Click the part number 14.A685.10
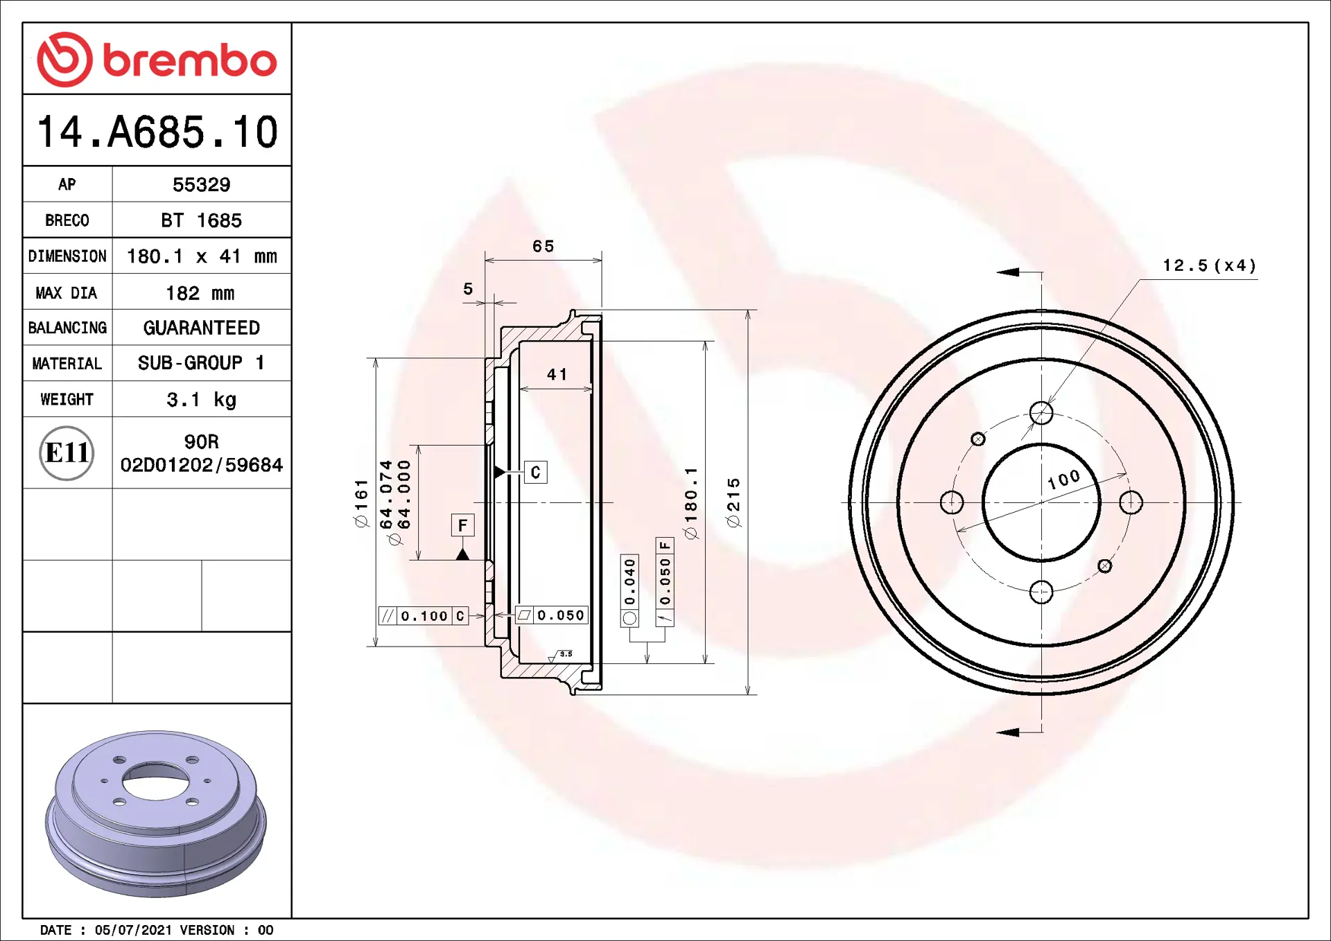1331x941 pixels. click(157, 132)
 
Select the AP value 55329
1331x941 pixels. click(201, 185)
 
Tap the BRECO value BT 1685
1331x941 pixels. click(201, 220)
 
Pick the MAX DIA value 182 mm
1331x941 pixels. click(200, 293)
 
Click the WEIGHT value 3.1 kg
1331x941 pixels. click(201, 400)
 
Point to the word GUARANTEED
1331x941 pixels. click(201, 328)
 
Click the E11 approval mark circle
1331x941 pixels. click(67, 453)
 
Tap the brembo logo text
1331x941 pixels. click(190, 61)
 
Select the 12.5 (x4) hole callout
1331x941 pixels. click(1209, 265)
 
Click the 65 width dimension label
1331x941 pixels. click(543, 246)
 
